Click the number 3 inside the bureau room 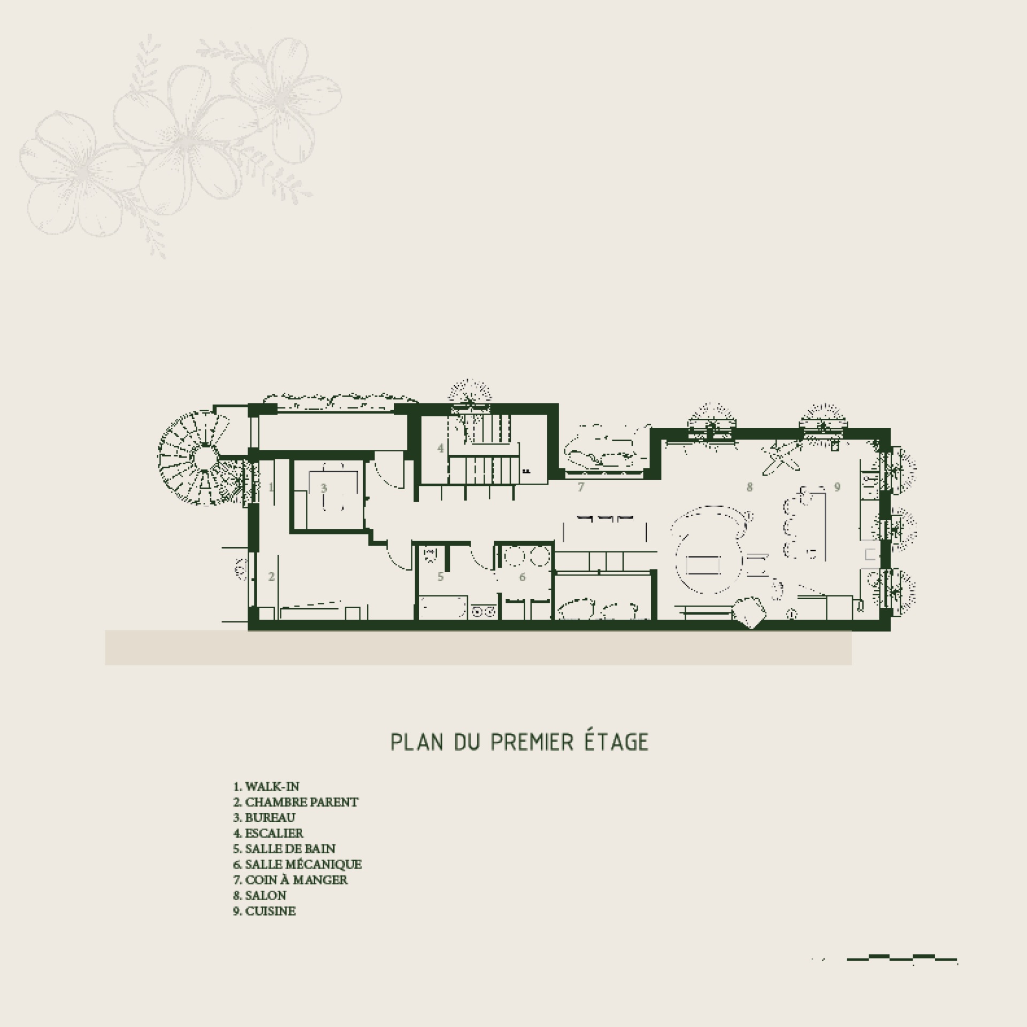[x=324, y=488]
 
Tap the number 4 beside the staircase [x=440, y=448]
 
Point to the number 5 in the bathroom [x=441, y=577]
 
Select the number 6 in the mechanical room [x=523, y=577]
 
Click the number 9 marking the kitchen [x=838, y=487]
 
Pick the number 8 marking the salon [x=750, y=487]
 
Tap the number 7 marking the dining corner [x=581, y=487]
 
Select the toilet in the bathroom [x=429, y=555]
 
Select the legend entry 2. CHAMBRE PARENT [x=296, y=817]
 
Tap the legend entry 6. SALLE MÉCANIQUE [x=297, y=864]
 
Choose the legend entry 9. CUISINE [x=264, y=911]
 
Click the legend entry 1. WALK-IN [x=266, y=786]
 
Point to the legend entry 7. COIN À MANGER [x=290, y=879]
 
